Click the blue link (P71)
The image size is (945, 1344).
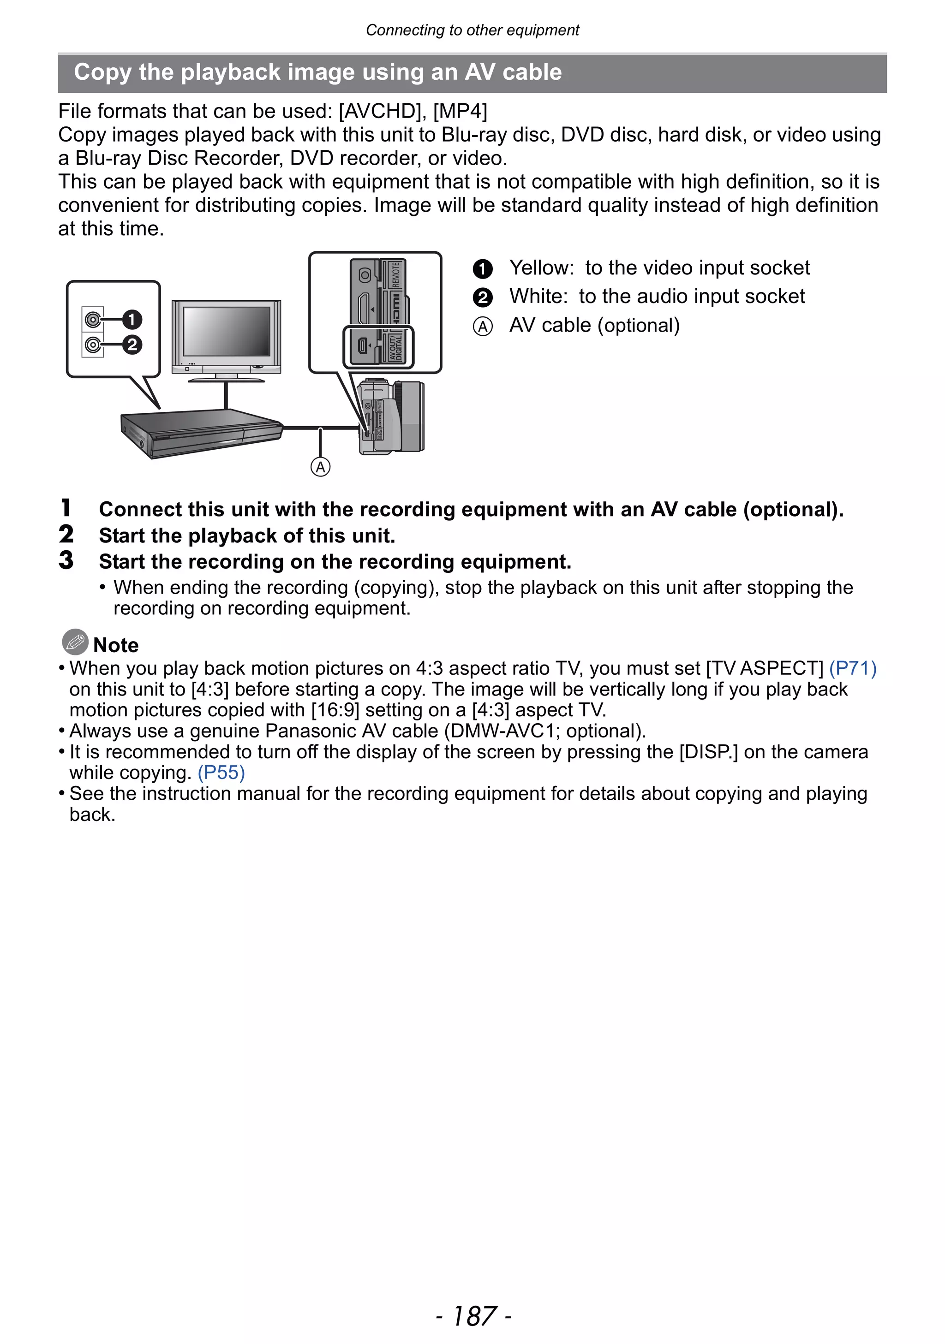pos(853,668)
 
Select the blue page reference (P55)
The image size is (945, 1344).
pos(221,772)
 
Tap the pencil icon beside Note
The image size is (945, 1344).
pos(75,642)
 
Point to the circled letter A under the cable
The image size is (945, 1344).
pos(320,467)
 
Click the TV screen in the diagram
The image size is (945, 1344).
pos(227,331)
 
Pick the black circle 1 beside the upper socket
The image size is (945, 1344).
pos(132,320)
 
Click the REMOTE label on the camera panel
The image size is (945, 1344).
pos(396,275)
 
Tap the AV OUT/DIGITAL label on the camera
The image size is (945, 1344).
pos(396,346)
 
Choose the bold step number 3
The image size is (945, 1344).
pos(66,560)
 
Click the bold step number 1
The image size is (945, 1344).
pos(66,508)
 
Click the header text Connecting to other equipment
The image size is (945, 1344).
pos(472,30)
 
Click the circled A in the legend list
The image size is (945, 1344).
pos(483,326)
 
